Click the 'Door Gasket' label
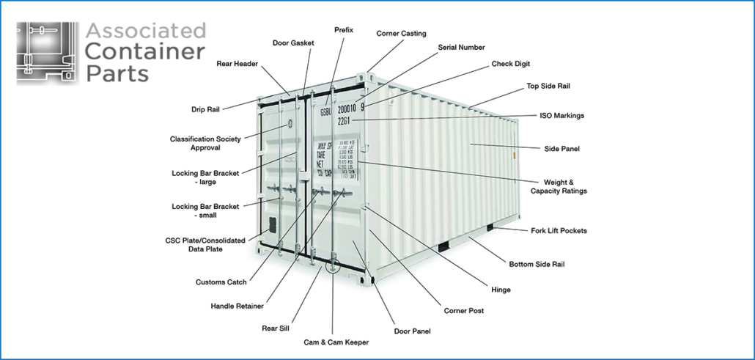tap(293, 43)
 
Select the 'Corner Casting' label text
tap(401, 34)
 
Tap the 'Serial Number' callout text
tap(461, 48)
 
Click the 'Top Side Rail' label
tap(548, 87)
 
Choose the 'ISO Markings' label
tap(562, 116)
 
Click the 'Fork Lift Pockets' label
tap(559, 231)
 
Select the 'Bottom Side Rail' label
tap(537, 264)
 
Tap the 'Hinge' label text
tap(501, 290)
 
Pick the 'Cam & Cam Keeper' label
tap(336, 342)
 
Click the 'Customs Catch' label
tap(221, 282)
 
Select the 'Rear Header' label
tap(237, 64)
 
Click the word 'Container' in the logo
tap(145, 52)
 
